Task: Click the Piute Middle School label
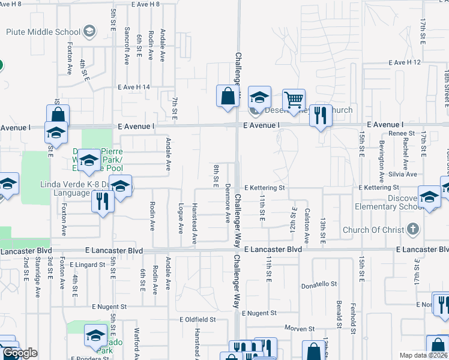click(43, 32)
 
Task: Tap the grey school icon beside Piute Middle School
click(89, 31)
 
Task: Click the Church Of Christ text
click(372, 230)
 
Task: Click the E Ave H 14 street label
click(142, 87)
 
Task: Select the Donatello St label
click(319, 285)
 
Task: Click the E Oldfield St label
click(197, 320)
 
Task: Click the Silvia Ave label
click(403, 174)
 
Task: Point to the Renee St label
click(397, 133)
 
